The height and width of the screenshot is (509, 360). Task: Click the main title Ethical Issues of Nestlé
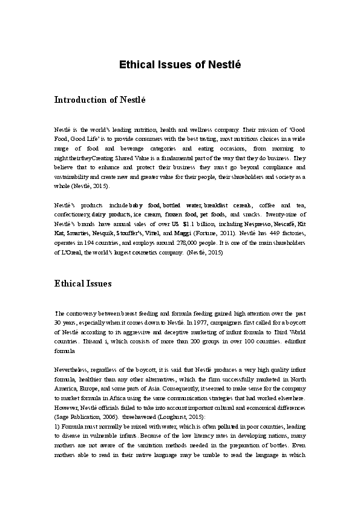click(180, 65)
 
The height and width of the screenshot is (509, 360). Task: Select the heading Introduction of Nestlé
click(100, 100)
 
